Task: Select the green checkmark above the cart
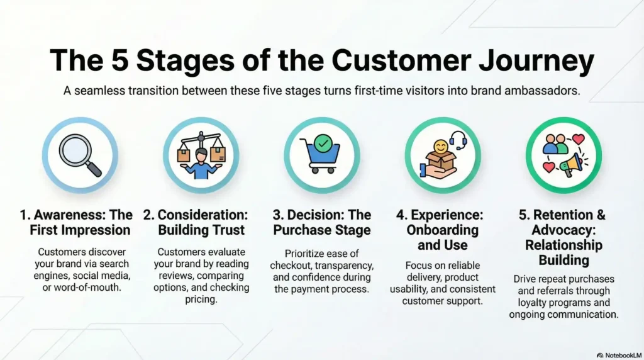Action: [324, 144]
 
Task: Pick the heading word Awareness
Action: [61, 215]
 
